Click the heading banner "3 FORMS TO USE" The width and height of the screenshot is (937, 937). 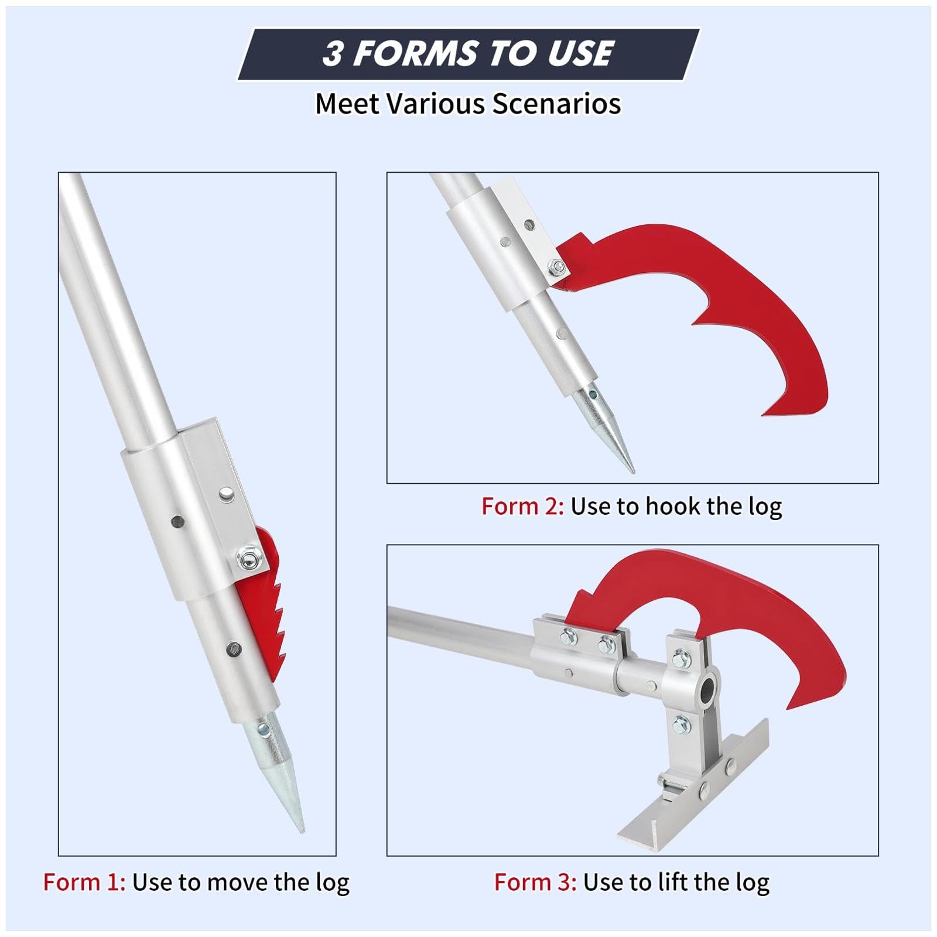[x=468, y=53]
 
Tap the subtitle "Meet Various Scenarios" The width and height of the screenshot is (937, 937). [x=468, y=104]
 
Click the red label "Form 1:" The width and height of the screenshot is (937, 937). [x=84, y=881]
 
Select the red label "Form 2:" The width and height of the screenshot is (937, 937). [x=522, y=506]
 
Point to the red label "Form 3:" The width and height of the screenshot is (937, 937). [x=535, y=881]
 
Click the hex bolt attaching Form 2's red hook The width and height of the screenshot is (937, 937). [x=557, y=268]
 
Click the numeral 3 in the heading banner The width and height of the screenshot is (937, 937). [x=333, y=54]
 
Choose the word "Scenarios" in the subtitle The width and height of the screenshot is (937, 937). [x=556, y=104]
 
